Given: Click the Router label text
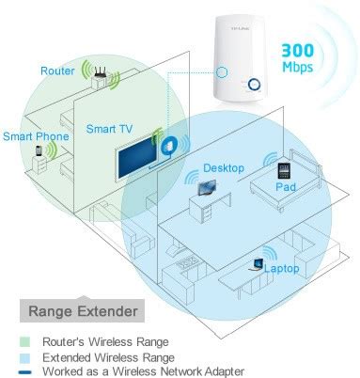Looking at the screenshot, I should (57, 71).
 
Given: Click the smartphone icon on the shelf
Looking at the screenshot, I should (39, 150).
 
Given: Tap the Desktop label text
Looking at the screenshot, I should (224, 167).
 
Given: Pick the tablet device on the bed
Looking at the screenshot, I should (284, 171).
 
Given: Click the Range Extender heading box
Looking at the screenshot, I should (82, 310).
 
